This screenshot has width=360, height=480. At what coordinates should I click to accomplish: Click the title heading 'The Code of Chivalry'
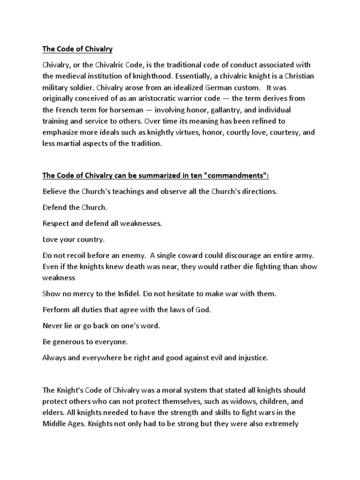[x=77, y=49]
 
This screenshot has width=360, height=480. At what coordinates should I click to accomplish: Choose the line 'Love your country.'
[x=74, y=240]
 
